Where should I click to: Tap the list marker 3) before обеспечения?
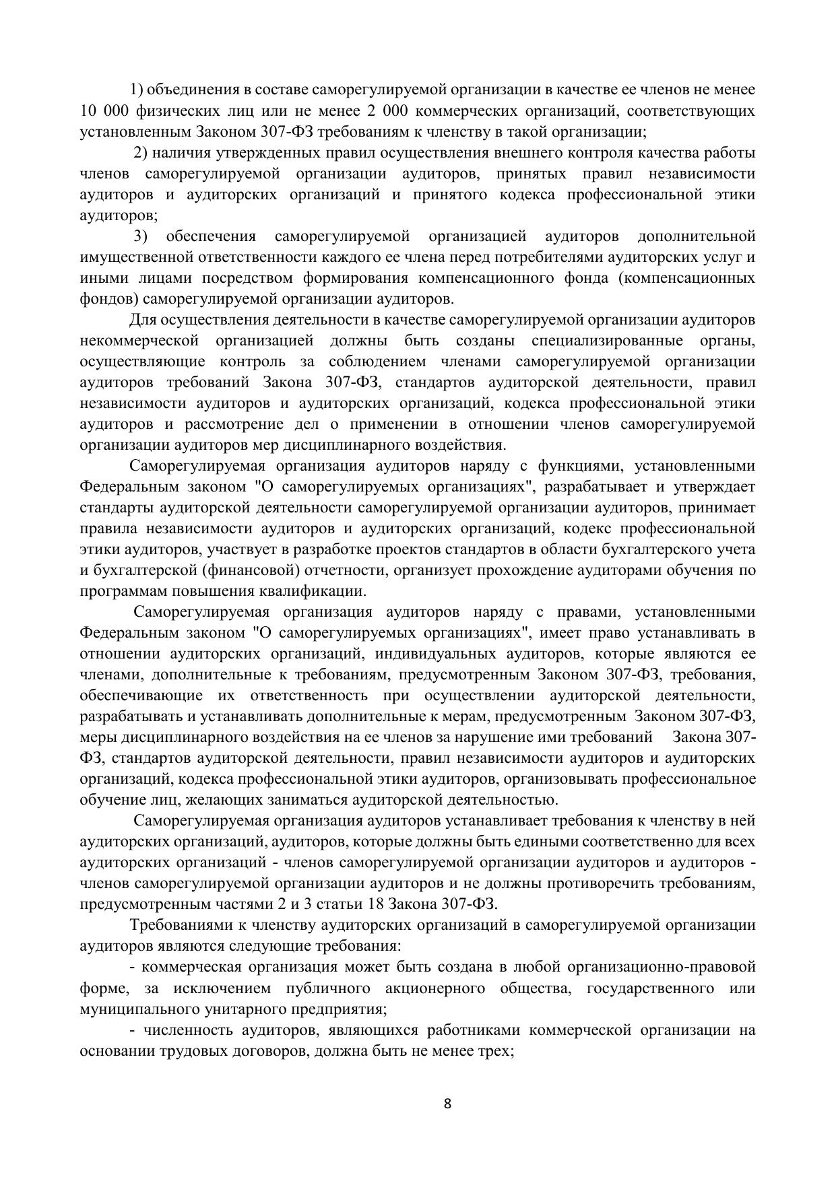click(140, 236)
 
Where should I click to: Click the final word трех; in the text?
click(499, 1051)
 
